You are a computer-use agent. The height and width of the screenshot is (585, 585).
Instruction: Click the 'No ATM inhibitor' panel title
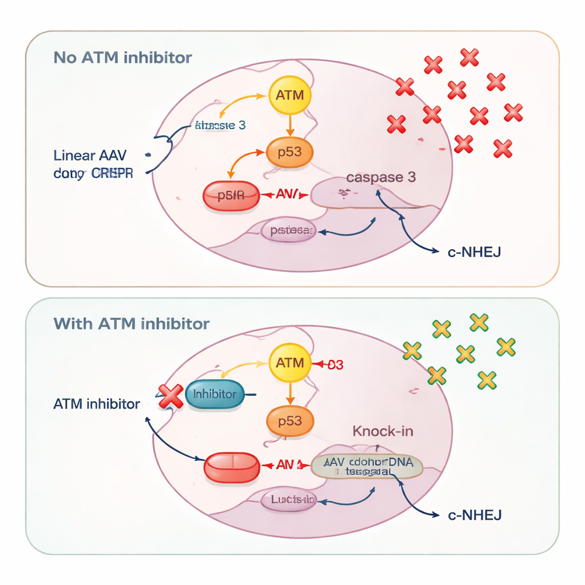click(x=122, y=58)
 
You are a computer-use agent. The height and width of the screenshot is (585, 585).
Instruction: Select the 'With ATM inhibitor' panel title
click(x=131, y=324)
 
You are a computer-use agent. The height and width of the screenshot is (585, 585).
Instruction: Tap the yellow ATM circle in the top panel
click(x=290, y=95)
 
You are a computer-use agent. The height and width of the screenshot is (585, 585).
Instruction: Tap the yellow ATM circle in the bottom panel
click(x=290, y=363)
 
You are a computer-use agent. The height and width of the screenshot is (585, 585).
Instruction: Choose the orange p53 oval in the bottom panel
click(x=290, y=421)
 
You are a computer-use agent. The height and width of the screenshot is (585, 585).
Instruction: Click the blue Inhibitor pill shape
click(x=215, y=394)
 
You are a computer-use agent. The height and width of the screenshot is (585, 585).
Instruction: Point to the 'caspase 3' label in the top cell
click(x=380, y=177)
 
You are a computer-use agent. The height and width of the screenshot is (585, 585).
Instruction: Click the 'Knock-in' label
click(x=383, y=431)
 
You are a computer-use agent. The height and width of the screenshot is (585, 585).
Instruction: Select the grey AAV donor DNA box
click(x=368, y=466)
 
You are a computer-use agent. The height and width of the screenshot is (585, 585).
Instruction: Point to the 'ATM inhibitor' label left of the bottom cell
click(x=96, y=404)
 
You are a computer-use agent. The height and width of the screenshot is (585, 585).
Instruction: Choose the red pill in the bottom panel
click(x=231, y=466)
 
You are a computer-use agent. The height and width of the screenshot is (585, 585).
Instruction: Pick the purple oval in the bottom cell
click(x=288, y=500)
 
